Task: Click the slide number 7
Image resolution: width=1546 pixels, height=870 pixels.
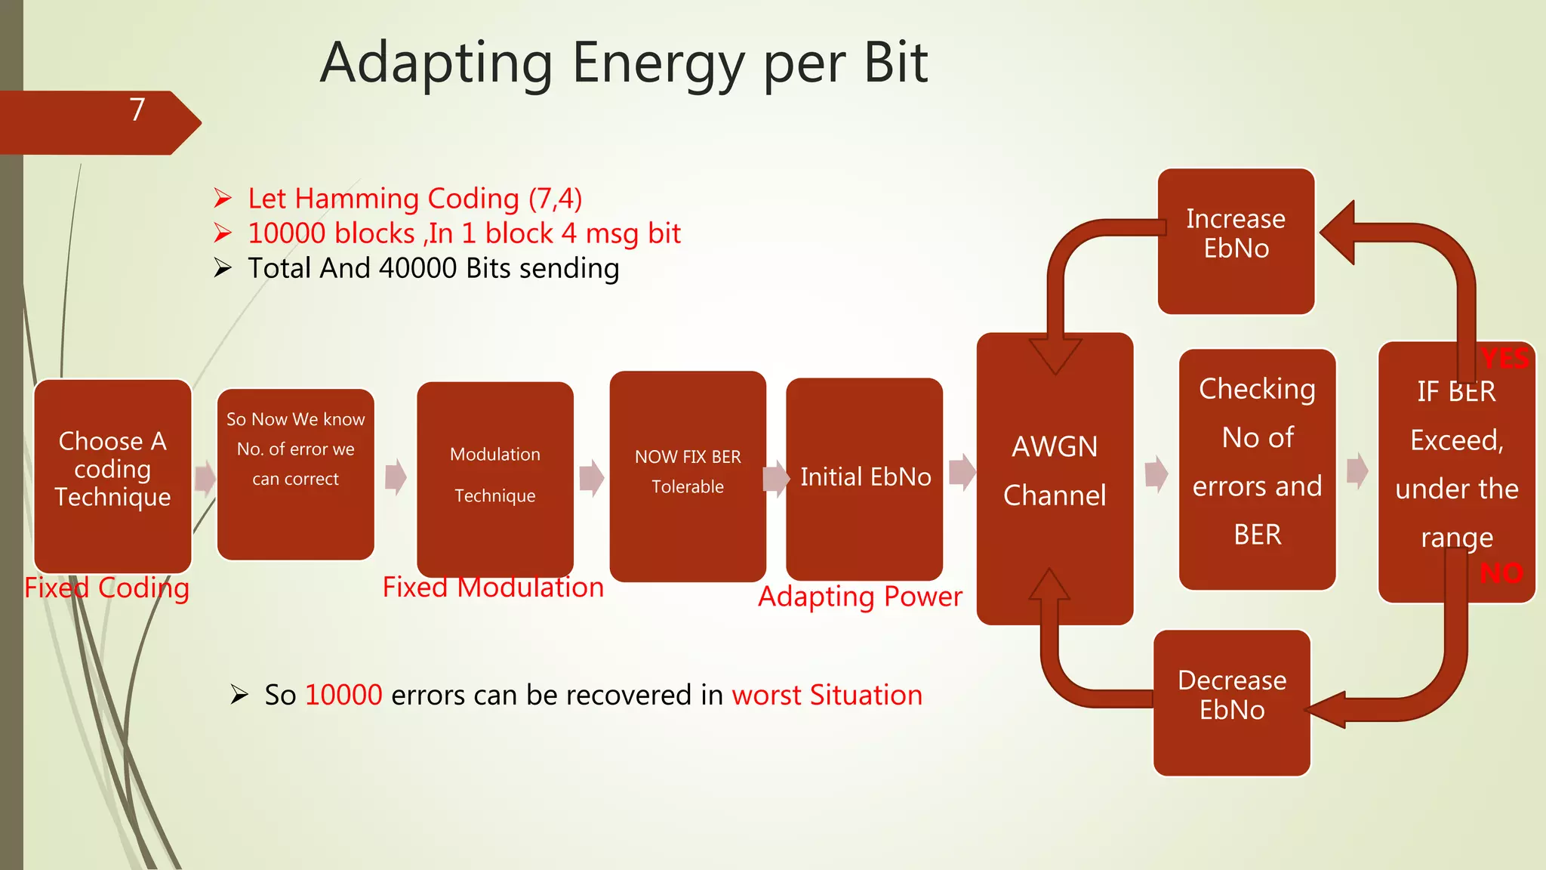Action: point(137,110)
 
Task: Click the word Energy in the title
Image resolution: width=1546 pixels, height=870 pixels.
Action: point(658,63)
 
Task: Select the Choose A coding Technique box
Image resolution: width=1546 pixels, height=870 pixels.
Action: point(112,476)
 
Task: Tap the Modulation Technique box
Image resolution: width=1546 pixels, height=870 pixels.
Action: point(495,480)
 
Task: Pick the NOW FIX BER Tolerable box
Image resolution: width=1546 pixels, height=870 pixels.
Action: point(688,476)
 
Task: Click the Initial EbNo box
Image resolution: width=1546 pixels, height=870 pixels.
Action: point(864,479)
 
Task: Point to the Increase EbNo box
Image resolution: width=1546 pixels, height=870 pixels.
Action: point(1236,241)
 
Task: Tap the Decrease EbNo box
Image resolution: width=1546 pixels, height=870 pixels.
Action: point(1232,702)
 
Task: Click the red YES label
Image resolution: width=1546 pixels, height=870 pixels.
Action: point(1504,359)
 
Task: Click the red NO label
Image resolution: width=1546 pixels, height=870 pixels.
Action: point(1501,574)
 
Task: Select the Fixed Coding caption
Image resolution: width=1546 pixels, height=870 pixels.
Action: point(106,588)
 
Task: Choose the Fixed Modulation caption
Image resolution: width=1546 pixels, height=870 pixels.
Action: point(493,588)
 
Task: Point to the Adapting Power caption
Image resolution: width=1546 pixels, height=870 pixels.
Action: point(860,597)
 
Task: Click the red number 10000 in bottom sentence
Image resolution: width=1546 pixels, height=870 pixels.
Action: point(343,696)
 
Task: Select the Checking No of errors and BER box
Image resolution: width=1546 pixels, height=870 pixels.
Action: point(1257,469)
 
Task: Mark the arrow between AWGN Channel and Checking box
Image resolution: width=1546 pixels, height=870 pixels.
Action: point(1156,474)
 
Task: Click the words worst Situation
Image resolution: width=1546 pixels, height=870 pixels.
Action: point(827,696)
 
